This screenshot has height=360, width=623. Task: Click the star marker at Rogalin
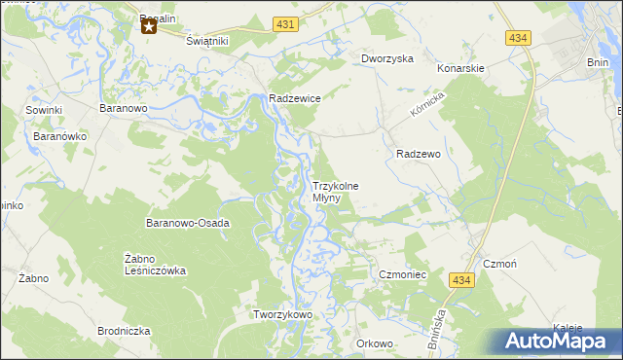point(149,26)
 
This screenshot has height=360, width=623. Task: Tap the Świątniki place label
point(206,42)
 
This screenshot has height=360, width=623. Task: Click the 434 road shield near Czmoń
point(462,279)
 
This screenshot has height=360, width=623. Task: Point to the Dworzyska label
point(387,58)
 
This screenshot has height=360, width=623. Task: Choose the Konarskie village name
point(460,69)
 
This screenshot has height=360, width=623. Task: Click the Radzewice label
point(295,98)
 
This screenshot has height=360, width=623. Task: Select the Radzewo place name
point(420,154)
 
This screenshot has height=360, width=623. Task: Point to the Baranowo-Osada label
point(188,223)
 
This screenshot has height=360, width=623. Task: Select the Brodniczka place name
point(124,331)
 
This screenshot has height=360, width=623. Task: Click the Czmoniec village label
point(403,275)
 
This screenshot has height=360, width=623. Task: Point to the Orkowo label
point(374,343)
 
